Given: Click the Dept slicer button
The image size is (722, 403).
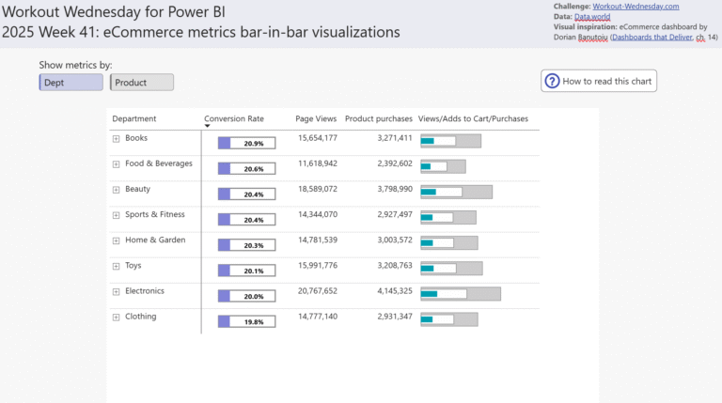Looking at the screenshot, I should click(x=71, y=83).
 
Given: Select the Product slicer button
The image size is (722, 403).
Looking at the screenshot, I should click(x=142, y=83).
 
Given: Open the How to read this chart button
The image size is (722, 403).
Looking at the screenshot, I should click(x=599, y=81).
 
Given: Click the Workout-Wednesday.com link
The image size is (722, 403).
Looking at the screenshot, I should click(x=636, y=7).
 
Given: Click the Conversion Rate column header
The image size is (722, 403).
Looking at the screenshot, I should click(x=234, y=119).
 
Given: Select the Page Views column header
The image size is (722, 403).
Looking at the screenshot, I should click(x=316, y=119).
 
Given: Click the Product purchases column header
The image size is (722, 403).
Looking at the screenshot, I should click(x=378, y=119).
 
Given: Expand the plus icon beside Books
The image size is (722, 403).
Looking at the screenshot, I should click(x=117, y=138).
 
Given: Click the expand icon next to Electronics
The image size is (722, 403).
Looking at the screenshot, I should click(x=117, y=291).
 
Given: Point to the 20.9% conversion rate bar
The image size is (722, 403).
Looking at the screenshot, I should click(x=246, y=143).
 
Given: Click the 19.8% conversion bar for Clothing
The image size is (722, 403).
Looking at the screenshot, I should click(x=246, y=321).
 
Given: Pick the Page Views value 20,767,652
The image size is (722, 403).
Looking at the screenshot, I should click(x=316, y=291).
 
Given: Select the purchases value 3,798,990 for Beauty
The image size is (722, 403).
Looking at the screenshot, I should click(x=381, y=189).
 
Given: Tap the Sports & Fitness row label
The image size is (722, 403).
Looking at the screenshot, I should click(x=154, y=214).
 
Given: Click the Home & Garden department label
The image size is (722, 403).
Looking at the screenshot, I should click(x=155, y=240).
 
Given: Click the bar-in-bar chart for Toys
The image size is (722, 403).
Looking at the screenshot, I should click(x=451, y=269).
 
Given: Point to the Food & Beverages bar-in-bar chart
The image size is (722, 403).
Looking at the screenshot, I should click(x=443, y=166).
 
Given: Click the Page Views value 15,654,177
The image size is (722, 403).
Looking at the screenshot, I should click(x=316, y=138).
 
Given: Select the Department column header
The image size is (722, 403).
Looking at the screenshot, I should click(x=134, y=119).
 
